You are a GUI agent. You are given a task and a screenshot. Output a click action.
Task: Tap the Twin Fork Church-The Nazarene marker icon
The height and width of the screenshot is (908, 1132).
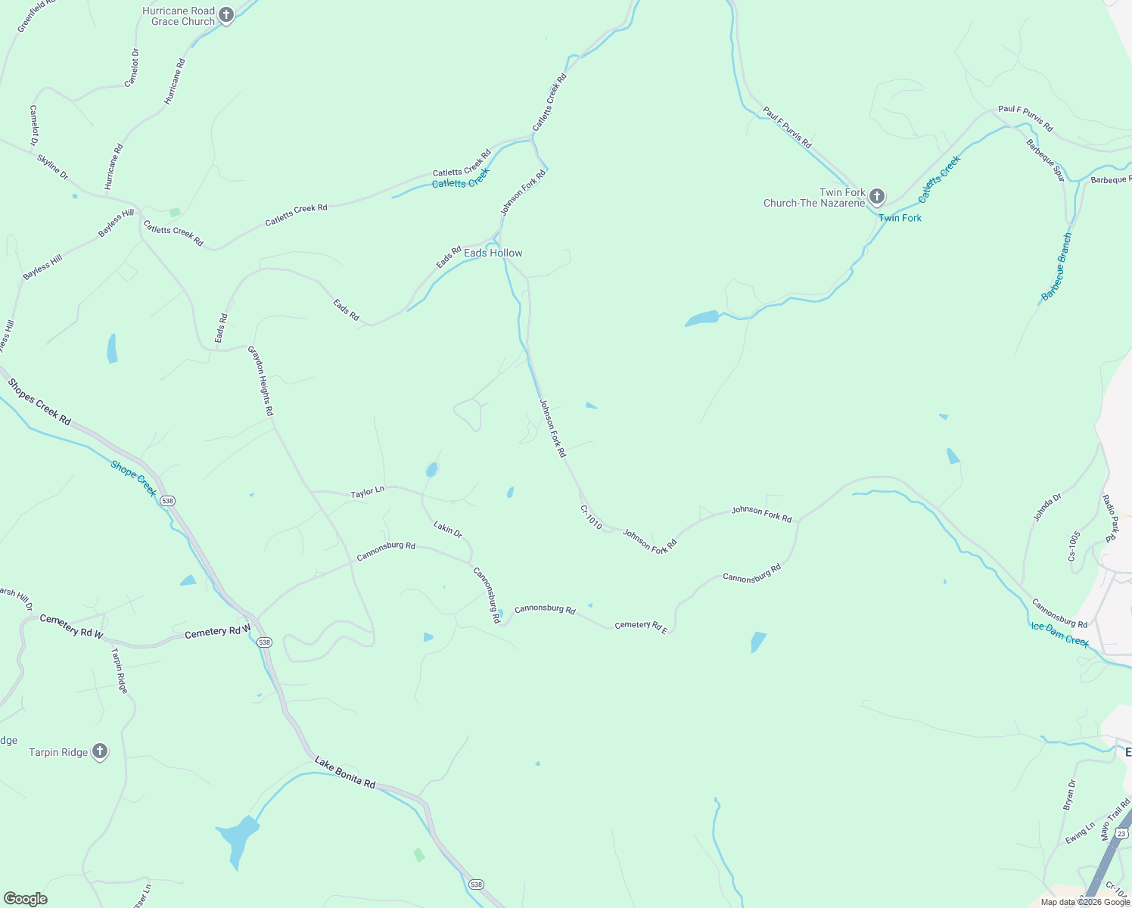876,197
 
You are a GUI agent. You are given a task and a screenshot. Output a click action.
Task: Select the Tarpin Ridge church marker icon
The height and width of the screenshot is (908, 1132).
99,751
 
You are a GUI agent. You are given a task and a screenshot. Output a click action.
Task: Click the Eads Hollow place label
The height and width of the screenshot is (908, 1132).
493,253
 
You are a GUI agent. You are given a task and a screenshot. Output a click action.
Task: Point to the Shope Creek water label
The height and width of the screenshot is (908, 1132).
134,478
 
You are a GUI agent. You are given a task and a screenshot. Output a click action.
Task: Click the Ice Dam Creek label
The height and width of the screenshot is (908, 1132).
1059,634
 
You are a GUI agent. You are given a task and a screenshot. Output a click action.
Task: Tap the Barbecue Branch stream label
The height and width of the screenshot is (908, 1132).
1057,267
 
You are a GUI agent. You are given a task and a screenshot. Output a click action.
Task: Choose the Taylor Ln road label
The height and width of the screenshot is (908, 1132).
367,493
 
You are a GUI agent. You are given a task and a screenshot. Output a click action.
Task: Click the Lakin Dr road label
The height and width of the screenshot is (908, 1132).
448,529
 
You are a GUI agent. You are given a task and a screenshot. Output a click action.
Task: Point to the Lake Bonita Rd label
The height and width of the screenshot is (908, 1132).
345,772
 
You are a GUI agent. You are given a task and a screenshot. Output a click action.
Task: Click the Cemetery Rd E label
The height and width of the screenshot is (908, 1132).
640,626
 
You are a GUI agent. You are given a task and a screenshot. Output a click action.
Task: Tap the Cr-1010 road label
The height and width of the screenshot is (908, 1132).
591,518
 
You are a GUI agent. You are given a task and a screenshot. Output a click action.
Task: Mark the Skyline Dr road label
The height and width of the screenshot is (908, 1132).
52,166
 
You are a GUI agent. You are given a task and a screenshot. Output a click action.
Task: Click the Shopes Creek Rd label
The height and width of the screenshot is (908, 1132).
39,402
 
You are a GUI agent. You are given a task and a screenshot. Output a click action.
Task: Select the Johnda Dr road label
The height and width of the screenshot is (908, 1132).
1048,507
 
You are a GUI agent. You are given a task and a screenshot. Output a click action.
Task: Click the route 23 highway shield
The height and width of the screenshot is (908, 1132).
1122,833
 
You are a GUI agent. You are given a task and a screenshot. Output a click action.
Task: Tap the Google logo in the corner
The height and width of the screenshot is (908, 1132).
26,899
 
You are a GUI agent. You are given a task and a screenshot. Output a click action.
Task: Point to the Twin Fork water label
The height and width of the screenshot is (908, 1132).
900,218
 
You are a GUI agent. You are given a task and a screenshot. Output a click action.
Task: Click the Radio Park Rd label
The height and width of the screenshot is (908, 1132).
1110,518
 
